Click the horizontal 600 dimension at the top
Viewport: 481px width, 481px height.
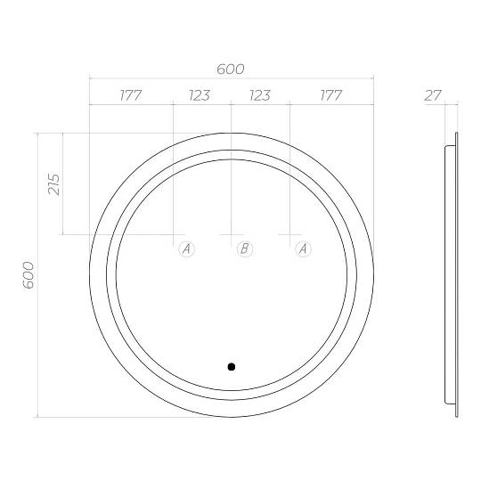pyautogui.click(x=231, y=69)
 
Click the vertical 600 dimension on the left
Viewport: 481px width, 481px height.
pyautogui.click(x=29, y=275)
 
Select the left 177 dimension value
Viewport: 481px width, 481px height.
pyautogui.click(x=131, y=95)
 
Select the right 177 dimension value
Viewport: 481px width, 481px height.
pyautogui.click(x=331, y=95)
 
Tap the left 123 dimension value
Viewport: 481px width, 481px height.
pyautogui.click(x=200, y=95)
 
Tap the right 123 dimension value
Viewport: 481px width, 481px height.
pyautogui.click(x=260, y=95)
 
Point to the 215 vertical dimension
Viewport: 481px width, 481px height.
pyautogui.click(x=54, y=184)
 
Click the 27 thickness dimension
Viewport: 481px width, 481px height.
pyautogui.click(x=433, y=95)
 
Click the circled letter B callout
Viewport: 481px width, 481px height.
pyautogui.click(x=245, y=249)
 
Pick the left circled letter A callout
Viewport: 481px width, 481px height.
pyautogui.click(x=187, y=249)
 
